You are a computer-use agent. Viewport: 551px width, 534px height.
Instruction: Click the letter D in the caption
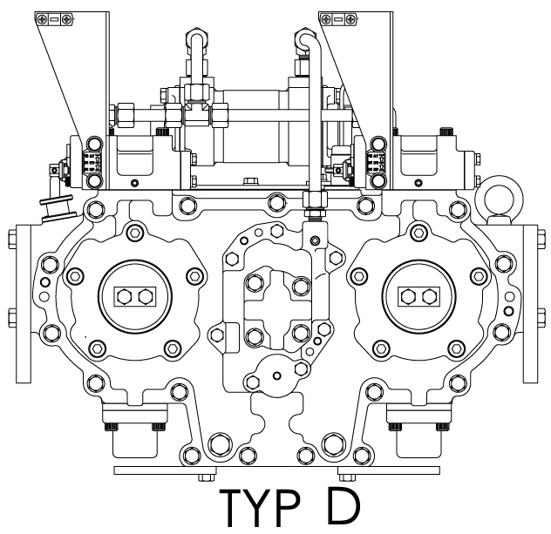344,505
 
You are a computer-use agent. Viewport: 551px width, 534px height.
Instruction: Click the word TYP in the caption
260,507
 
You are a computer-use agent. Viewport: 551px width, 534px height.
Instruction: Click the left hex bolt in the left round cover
124,297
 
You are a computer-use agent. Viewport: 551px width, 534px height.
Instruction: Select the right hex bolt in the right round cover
430,297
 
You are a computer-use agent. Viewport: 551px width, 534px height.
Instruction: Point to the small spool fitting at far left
58,209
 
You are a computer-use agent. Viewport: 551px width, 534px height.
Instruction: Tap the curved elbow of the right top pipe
306,39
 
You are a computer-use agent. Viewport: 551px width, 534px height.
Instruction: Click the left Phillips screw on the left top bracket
43,19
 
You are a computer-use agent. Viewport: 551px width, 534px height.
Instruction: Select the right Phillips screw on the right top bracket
350,19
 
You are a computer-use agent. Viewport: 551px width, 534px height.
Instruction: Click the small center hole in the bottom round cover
277,376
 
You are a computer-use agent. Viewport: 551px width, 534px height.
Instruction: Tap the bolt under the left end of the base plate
207,478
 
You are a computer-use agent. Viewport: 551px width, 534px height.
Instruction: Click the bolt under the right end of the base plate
347,478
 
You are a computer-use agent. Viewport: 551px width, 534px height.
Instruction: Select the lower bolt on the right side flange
541,318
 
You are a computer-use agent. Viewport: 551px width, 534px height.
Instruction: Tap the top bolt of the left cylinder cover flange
135,232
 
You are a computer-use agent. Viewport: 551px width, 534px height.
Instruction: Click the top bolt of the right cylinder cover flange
418,232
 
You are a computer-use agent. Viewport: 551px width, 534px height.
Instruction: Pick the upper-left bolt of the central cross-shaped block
255,282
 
